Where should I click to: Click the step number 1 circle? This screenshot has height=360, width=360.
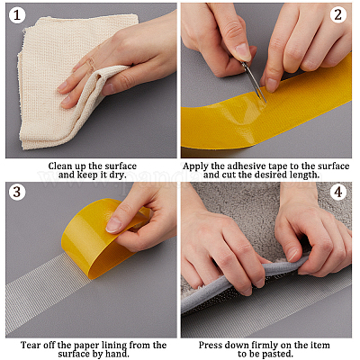tap(17, 14)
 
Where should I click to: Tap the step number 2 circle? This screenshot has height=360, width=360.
tap(338, 14)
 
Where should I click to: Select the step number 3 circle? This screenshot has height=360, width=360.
tap(17, 192)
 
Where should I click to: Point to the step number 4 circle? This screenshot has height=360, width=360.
tap(338, 192)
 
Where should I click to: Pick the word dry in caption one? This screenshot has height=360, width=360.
tap(117, 175)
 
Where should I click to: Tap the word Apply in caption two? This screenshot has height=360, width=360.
tap(195, 166)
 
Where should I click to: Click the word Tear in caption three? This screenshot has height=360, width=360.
tap(30, 345)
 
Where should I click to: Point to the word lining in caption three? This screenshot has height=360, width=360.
tap(112, 346)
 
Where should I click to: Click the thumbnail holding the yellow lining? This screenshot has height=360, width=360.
tap(113, 225)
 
